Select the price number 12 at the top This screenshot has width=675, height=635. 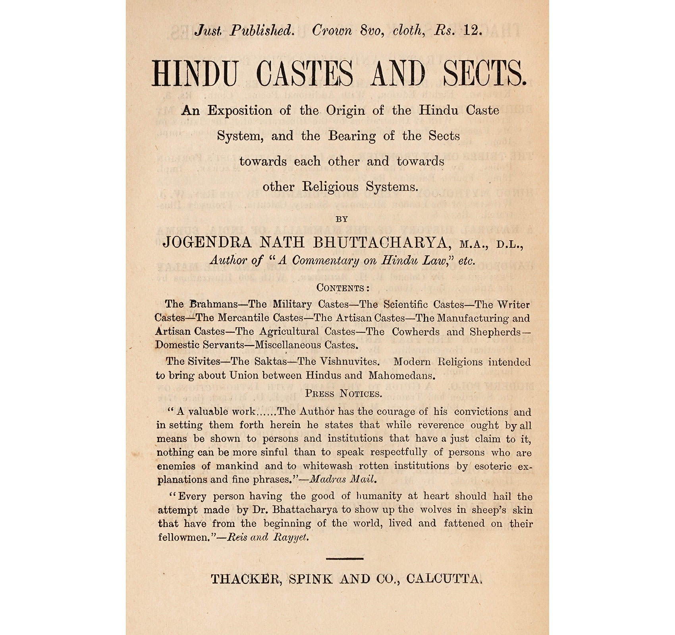pos(472,31)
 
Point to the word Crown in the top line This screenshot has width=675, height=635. pos(332,31)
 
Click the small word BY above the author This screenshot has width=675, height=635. pos(341,219)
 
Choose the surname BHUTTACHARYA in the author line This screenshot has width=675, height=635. pos(382,242)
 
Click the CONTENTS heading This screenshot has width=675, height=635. pos(343,288)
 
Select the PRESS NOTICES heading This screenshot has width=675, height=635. pos(343,394)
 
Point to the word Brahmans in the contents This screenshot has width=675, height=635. pos(213,304)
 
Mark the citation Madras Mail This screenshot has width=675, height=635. pos(342,479)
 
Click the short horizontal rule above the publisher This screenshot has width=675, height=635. pos(344,559)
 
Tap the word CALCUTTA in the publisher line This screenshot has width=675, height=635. pos(444,579)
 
